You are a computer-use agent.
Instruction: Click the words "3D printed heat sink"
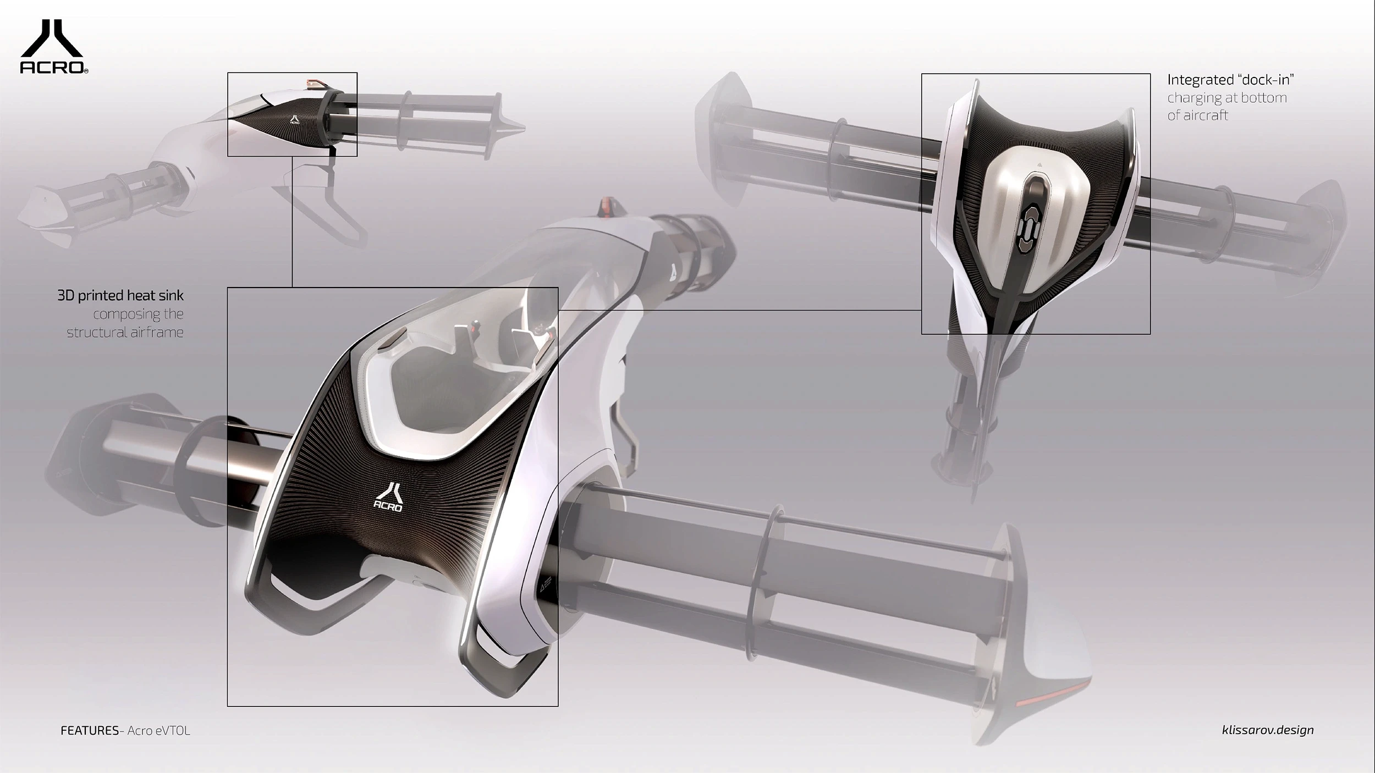(120, 296)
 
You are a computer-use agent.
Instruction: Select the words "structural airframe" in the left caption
(125, 332)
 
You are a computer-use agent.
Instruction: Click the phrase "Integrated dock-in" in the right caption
(1230, 80)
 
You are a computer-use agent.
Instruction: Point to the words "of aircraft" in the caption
(1197, 115)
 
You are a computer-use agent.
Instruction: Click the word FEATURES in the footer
(89, 731)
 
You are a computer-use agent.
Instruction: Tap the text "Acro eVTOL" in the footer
(159, 731)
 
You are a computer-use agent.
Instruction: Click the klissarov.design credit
(1267, 730)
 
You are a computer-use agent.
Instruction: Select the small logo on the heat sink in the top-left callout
(295, 120)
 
